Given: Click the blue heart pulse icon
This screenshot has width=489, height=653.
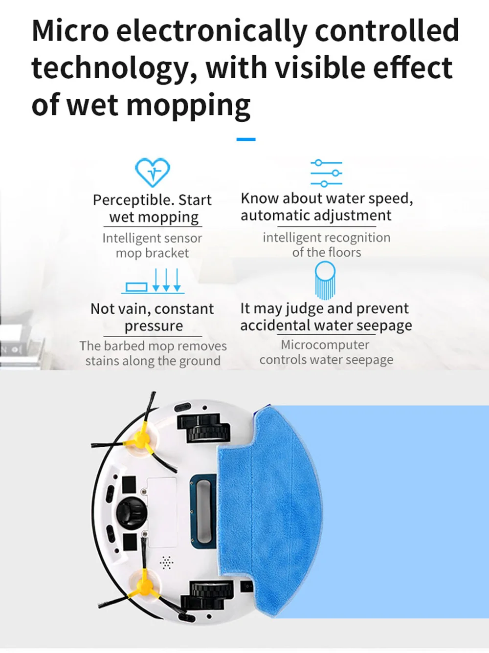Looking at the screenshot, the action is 153,172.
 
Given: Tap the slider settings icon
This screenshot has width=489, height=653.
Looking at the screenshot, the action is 326,173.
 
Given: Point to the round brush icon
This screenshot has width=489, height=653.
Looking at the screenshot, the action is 325,280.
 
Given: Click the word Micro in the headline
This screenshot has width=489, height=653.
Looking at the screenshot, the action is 70,30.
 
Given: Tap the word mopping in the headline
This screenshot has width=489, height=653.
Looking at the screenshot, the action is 188,106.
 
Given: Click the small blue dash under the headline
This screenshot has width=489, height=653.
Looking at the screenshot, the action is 246,139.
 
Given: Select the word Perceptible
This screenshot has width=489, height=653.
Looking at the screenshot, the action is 133,200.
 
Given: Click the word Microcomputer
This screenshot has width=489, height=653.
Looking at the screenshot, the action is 325,345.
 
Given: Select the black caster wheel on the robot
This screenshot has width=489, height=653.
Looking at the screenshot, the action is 132,512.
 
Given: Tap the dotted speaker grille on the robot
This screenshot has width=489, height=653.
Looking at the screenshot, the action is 166,562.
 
